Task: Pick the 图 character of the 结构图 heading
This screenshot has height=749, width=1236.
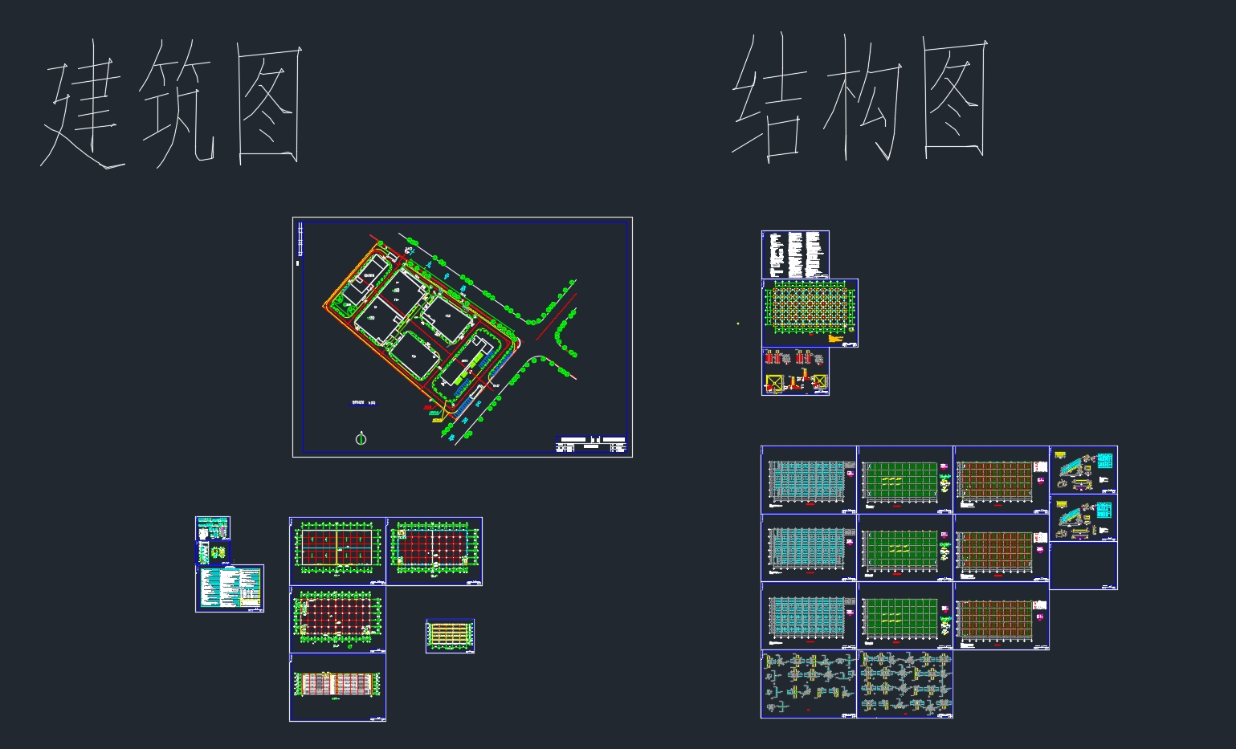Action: tap(954, 98)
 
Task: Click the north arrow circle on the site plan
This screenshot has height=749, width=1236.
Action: tap(361, 438)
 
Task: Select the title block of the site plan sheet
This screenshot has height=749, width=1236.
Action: tap(591, 446)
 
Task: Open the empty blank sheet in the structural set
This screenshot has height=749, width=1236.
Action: tap(1083, 566)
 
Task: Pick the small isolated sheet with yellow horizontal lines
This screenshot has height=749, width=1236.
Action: tap(450, 635)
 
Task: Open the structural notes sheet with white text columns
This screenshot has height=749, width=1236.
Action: tap(795, 254)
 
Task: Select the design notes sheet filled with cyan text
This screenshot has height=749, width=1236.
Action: tap(230, 588)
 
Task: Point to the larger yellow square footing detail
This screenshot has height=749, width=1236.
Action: tap(774, 383)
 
